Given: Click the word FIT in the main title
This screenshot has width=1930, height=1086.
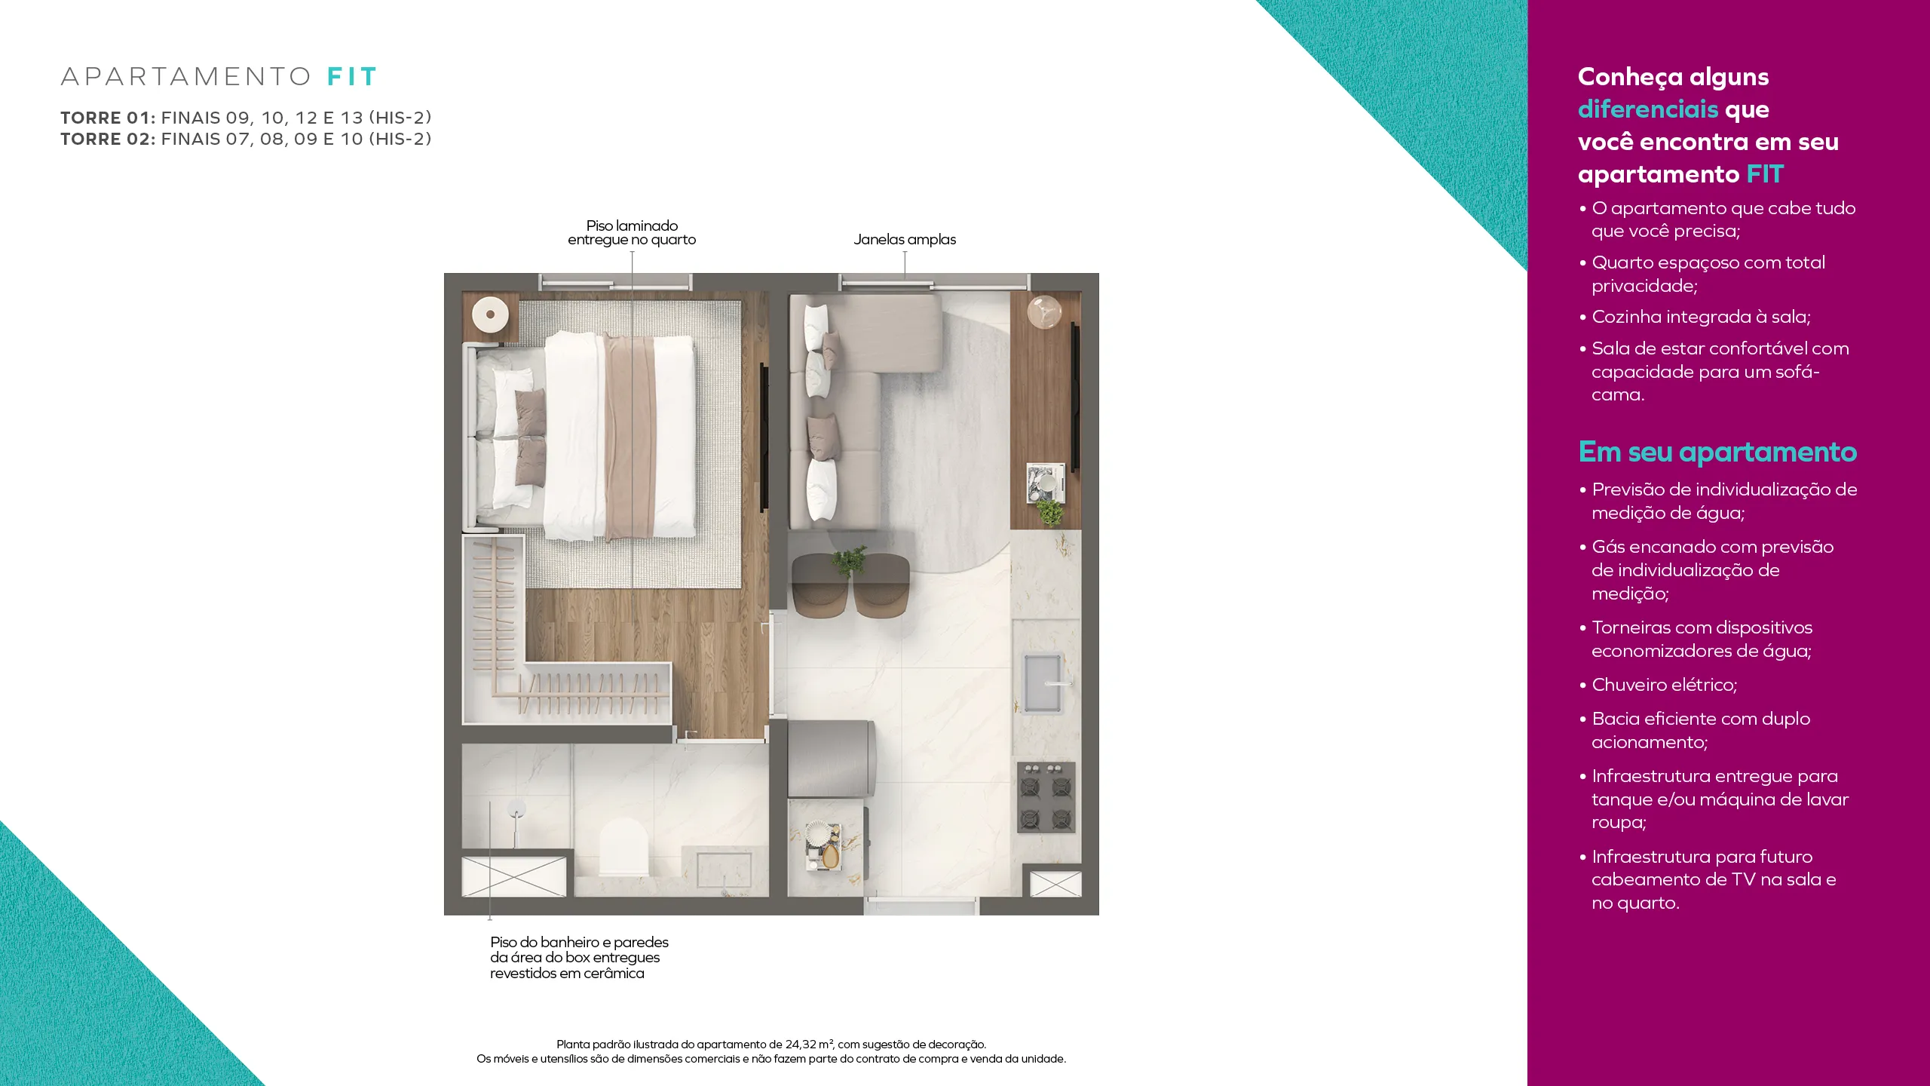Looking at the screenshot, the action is point(351,77).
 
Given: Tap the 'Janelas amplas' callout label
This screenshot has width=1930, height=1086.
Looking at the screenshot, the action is point(905,240).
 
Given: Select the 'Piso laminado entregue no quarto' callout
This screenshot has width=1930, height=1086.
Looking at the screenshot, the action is point(632,233).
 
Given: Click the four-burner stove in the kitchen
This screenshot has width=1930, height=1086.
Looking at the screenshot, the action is point(1046,797).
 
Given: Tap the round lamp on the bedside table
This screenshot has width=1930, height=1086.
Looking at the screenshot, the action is point(491,314).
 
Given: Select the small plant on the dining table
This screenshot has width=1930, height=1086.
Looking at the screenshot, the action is point(850,561).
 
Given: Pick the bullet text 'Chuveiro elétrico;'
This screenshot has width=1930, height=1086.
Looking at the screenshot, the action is point(1664,685).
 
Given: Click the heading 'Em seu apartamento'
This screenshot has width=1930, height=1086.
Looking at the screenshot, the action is point(1717,452).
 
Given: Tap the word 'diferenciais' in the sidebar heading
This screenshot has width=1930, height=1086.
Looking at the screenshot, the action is point(1648,109).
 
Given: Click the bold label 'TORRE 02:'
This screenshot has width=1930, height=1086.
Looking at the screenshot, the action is point(108,140).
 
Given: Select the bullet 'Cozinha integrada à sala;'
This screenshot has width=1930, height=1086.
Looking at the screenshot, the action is point(1695,317).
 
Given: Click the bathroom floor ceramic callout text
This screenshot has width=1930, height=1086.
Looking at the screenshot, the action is point(579,958).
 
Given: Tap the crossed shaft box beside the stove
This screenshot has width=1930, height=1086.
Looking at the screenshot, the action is point(1055,884).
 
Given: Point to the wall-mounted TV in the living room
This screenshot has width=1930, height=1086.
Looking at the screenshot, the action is point(1076,397).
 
